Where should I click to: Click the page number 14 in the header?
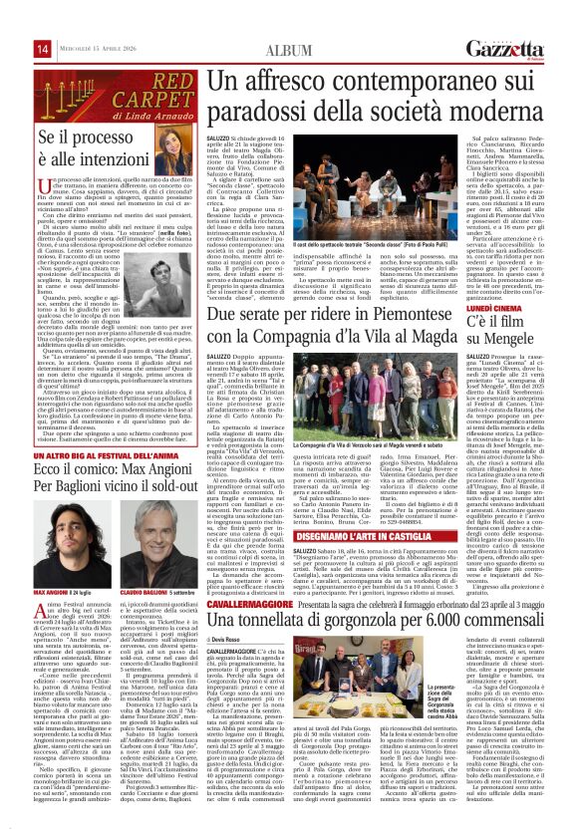pos(14,19)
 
